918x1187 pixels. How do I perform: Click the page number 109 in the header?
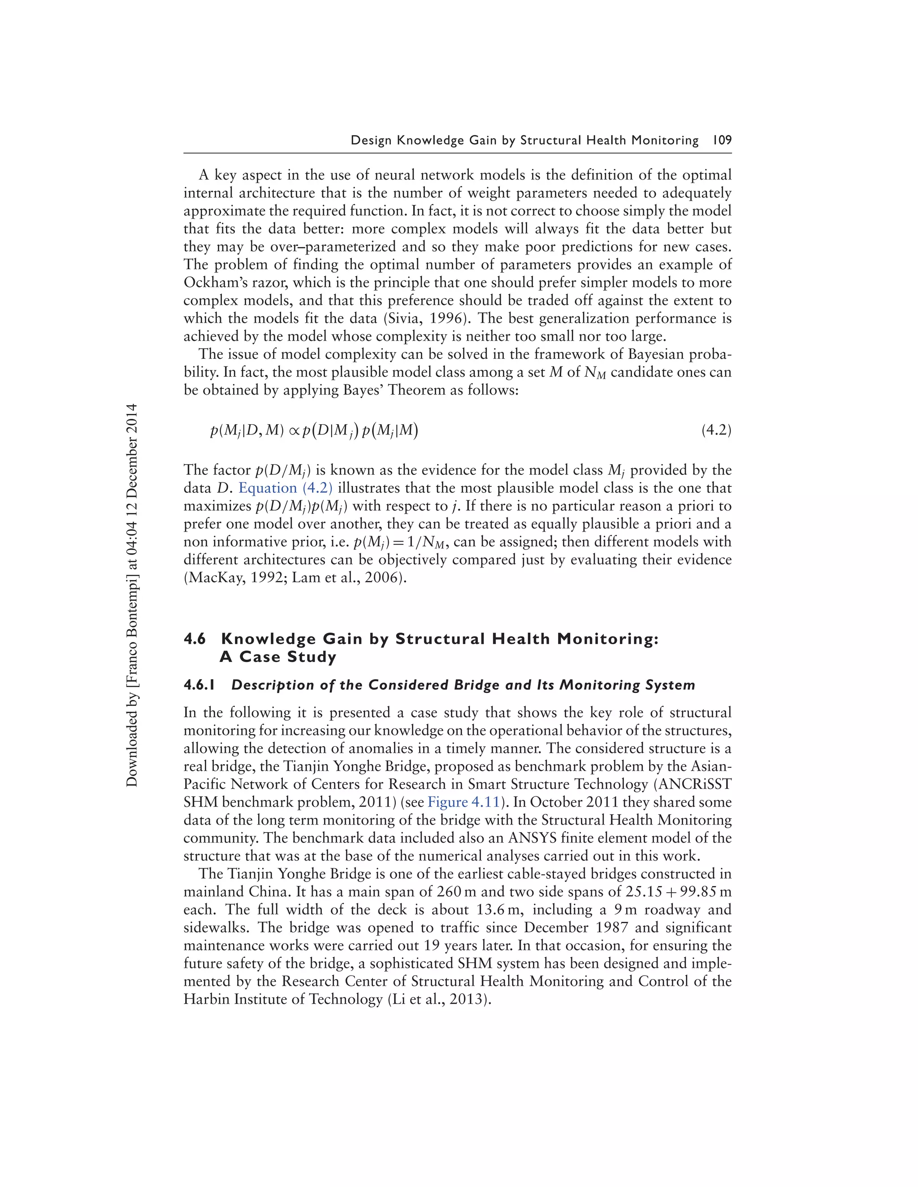(722, 140)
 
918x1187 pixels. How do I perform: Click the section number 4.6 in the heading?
(195, 639)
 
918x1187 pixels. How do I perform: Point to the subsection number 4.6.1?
(199, 685)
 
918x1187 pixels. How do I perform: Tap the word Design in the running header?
(371, 140)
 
